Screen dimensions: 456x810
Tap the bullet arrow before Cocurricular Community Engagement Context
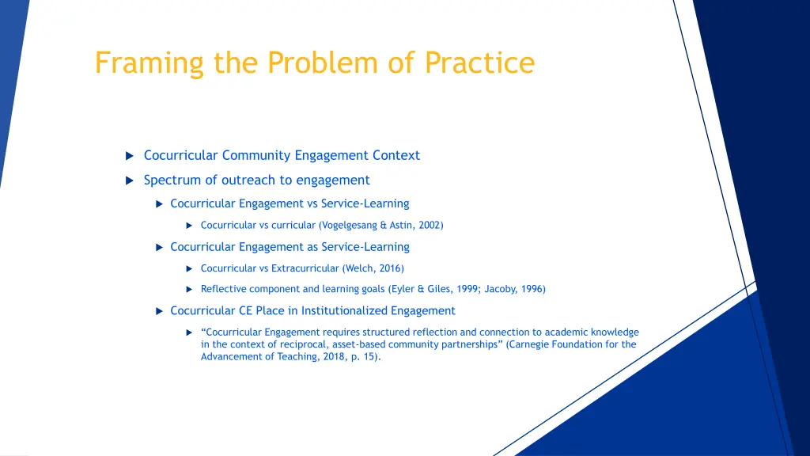pos(130,156)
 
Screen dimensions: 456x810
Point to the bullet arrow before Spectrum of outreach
pos(130,180)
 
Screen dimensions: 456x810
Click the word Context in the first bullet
pos(396,155)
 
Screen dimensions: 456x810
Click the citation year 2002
pos(430,225)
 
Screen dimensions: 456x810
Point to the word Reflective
pos(223,289)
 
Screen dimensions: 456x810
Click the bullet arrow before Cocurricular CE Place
pos(159,311)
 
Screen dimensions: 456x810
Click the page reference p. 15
pos(365,356)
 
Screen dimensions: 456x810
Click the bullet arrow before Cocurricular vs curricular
pos(189,226)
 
